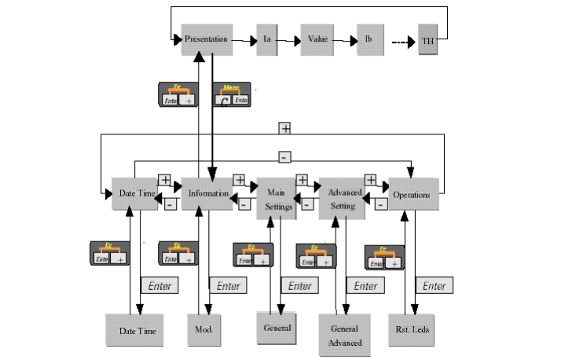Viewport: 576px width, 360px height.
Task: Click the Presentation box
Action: point(207,39)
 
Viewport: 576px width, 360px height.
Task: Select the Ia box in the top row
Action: point(267,39)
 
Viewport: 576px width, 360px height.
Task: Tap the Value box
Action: point(317,39)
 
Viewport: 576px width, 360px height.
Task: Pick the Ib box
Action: point(369,39)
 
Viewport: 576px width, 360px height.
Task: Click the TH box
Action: point(428,41)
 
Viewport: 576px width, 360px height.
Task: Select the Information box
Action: point(207,193)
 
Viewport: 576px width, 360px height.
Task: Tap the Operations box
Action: point(411,193)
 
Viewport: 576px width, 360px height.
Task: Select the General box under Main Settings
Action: point(276,328)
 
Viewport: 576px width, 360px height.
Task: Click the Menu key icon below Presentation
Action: point(231,95)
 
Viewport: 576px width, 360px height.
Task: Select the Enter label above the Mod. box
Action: point(227,286)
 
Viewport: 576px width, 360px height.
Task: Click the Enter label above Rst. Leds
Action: point(434,286)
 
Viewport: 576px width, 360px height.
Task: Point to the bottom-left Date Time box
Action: point(135,330)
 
